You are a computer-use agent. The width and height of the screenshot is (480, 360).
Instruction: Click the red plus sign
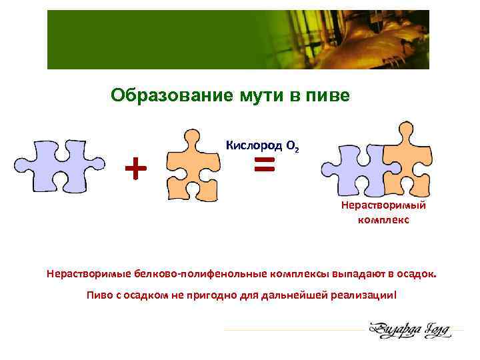click(x=136, y=168)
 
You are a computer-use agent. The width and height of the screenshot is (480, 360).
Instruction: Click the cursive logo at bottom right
click(x=408, y=329)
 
